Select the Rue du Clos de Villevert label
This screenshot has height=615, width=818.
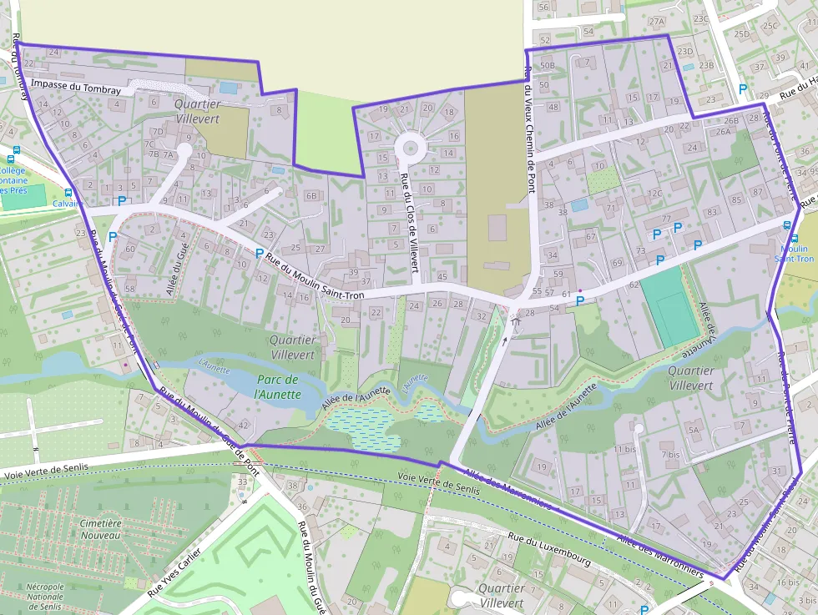click(409, 222)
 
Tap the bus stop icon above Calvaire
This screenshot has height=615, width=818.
click(68, 191)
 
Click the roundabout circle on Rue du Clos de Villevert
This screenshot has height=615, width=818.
click(411, 148)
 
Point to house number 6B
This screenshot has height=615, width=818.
click(312, 195)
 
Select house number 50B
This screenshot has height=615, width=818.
click(548, 65)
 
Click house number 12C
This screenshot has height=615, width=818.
click(654, 194)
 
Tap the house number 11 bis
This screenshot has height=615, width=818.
click(624, 449)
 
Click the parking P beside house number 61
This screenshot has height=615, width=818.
click(580, 300)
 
